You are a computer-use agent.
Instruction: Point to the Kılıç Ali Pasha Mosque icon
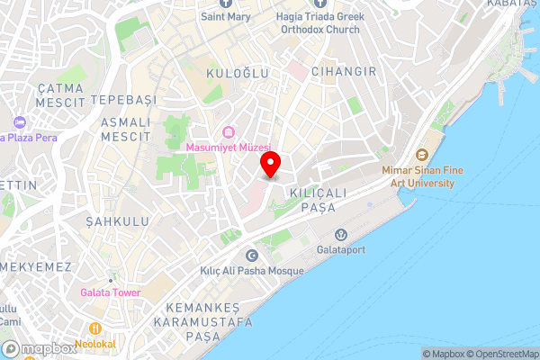coord(251,256)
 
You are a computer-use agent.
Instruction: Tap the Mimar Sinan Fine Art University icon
coord(420,155)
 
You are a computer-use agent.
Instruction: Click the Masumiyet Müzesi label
coord(228,147)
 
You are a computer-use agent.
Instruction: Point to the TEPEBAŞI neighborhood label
coord(128,98)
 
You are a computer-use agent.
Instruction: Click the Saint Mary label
coord(226,16)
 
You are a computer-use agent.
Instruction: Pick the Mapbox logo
coord(39,349)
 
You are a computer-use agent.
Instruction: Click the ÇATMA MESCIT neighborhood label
coord(60,95)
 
